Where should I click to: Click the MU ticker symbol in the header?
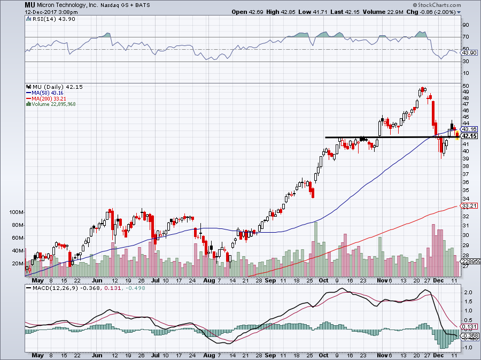pos(31,4)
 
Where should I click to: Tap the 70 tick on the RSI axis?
pos(465,37)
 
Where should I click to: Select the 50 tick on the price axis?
pos(465,86)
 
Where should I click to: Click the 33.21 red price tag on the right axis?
pos(469,205)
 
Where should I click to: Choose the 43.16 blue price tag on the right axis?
pos(469,129)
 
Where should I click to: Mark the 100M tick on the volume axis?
pos(18,212)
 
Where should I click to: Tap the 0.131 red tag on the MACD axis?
pos(468,327)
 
